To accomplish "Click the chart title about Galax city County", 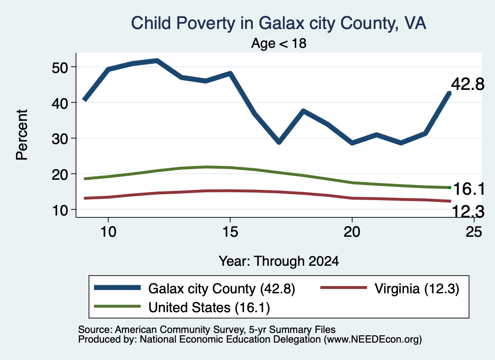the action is coord(278,24).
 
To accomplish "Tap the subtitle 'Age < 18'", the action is coord(279,43).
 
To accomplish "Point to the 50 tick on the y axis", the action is coord(60,67).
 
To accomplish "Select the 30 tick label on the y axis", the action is coord(60,139).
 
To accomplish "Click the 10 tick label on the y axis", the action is coord(60,210).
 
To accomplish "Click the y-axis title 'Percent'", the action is coord(22,135).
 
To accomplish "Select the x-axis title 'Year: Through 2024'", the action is coord(279,261).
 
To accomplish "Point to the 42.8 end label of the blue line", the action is coord(467,84).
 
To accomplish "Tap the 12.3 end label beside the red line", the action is coord(468,211).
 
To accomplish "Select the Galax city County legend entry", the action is coord(195,288).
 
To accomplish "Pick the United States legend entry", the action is coord(182,308).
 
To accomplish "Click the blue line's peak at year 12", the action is coord(157,60).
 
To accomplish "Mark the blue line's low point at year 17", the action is coord(279,142).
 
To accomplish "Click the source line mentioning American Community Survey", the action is coord(207,330).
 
